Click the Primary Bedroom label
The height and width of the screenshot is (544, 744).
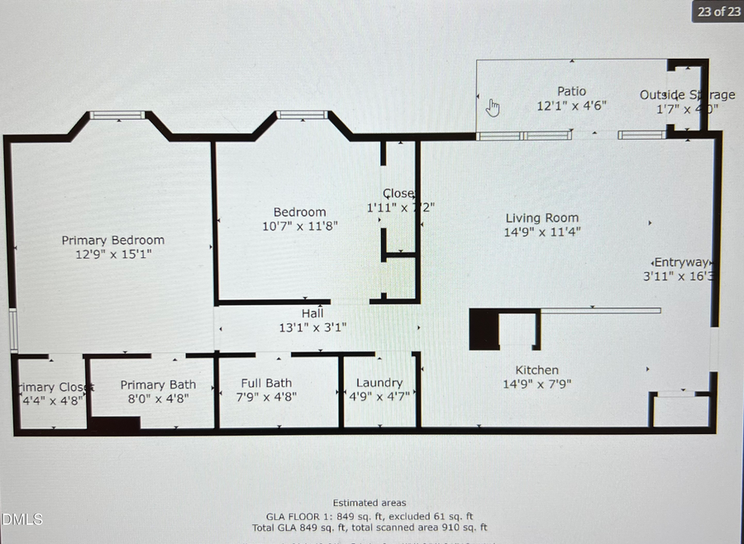(x=112, y=240)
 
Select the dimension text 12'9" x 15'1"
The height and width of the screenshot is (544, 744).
(x=112, y=255)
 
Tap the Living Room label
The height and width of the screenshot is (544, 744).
(x=541, y=218)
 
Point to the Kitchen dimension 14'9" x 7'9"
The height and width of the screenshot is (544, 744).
(x=537, y=384)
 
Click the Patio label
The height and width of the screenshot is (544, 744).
(x=571, y=91)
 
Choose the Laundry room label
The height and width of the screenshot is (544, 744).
(x=379, y=382)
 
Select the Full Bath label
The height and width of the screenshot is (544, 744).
(x=266, y=383)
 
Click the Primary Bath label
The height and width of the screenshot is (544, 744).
(x=158, y=384)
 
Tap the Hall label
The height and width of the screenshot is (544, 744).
(x=312, y=313)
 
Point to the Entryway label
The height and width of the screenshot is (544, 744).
(x=680, y=262)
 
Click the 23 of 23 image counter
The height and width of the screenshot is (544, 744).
(x=718, y=12)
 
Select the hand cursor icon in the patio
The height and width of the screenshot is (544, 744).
(x=493, y=107)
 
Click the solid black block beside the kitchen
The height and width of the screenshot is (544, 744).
(x=484, y=329)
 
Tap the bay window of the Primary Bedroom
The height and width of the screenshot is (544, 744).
(x=117, y=116)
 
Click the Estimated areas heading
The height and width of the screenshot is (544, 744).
(x=370, y=503)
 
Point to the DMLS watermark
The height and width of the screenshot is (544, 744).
(x=21, y=519)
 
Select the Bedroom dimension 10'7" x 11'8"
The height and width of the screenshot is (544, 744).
(x=299, y=226)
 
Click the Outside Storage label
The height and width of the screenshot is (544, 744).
(x=686, y=94)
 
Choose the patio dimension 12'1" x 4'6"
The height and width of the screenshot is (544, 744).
(x=571, y=106)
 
